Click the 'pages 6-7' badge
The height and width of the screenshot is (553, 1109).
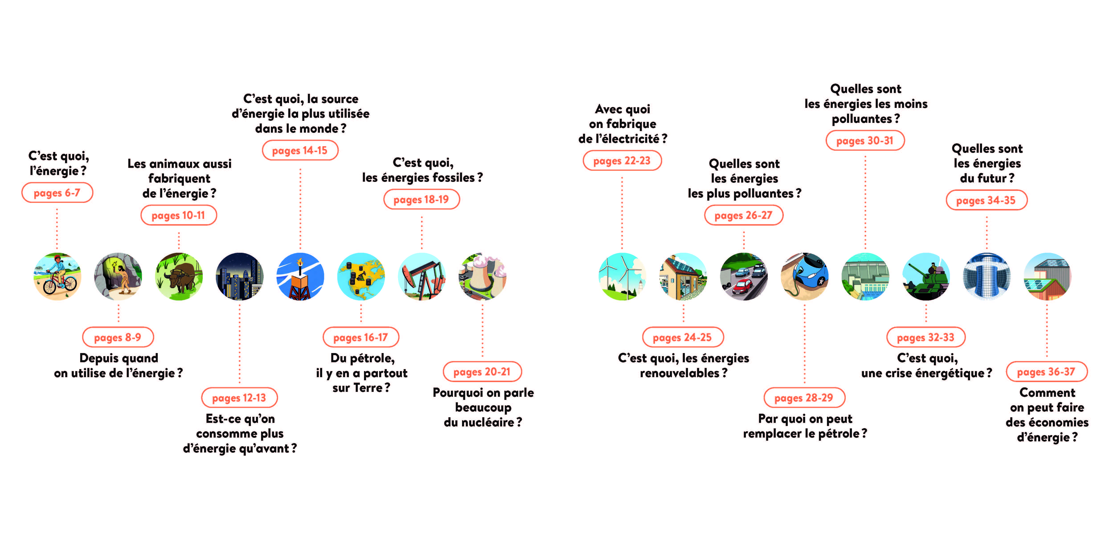coord(57,193)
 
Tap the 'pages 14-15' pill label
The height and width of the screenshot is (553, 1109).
coord(300,150)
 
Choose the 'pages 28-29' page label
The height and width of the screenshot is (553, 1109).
coord(804,397)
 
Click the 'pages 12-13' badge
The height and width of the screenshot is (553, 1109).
coord(239,397)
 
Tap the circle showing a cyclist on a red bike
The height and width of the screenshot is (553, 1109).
coord(57,276)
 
